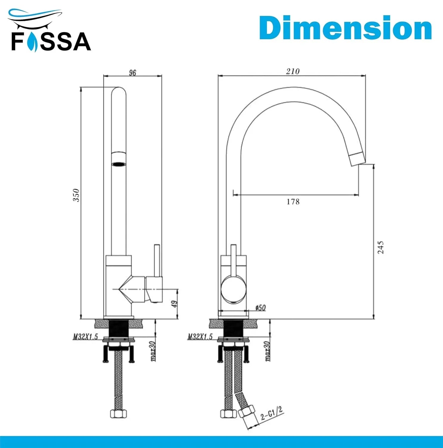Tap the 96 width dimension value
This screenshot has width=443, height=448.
tap(132, 73)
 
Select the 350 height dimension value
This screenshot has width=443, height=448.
tap(76, 195)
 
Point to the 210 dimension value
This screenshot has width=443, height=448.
tap(292, 71)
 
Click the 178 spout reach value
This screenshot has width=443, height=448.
tap(293, 202)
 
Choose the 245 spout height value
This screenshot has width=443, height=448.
tap(381, 247)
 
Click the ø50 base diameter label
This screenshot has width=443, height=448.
tap(260, 308)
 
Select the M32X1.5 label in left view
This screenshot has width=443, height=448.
tap(86, 337)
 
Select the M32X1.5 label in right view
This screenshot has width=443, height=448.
tap(200, 337)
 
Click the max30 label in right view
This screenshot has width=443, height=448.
tap(267, 351)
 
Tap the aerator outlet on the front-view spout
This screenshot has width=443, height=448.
tap(119, 164)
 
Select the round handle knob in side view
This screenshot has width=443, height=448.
tap(233, 289)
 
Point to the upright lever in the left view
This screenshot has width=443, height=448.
tap(157, 260)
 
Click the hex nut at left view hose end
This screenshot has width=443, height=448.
tap(119, 413)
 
